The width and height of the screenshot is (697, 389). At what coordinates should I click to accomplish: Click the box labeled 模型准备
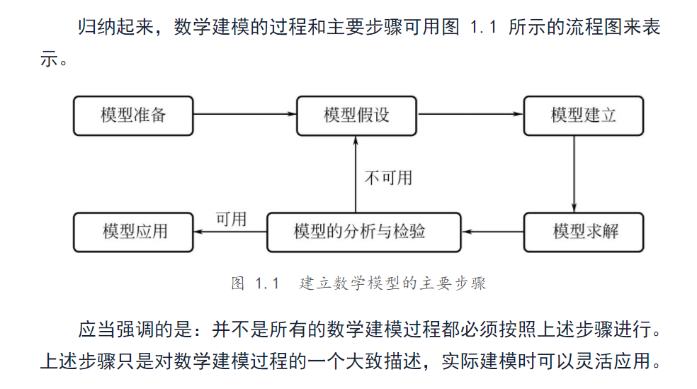[x=133, y=115]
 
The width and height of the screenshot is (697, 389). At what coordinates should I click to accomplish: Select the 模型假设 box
[x=356, y=115]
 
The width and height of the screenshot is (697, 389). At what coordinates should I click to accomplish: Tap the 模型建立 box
[x=584, y=115]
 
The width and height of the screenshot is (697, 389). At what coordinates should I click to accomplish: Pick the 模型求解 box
[x=584, y=231]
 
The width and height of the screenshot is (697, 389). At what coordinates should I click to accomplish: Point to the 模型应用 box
[x=133, y=231]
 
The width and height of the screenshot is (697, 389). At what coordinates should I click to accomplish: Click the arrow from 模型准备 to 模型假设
[x=244, y=114]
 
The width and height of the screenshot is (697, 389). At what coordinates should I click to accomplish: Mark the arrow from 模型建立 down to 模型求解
[x=574, y=174]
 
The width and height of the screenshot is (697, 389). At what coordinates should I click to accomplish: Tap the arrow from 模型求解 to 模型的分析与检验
[x=492, y=231]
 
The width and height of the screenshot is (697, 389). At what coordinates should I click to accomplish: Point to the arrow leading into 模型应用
[x=230, y=231]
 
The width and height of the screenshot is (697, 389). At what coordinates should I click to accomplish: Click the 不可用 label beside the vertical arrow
[x=388, y=177]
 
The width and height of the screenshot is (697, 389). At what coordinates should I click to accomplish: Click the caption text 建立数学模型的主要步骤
[x=393, y=283]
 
